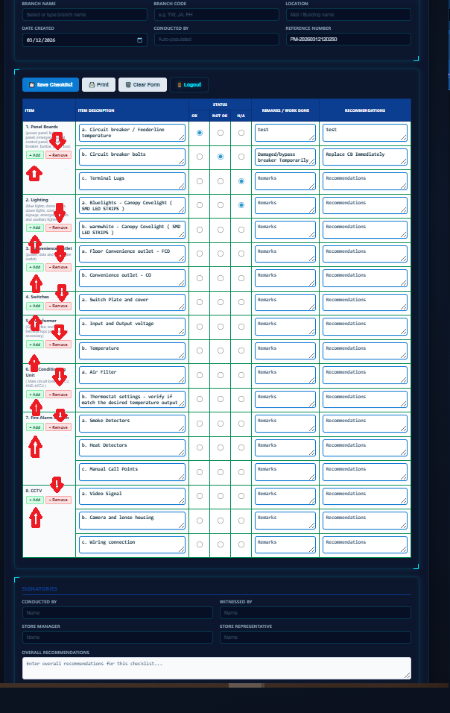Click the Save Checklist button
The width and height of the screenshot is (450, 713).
point(50,85)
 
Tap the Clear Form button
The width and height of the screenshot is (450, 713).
point(142,85)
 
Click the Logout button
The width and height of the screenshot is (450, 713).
point(189,85)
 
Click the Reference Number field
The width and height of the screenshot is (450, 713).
point(348,40)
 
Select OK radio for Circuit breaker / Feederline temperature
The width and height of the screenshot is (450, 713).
point(200,133)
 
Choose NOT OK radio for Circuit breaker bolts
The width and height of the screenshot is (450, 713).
point(221,157)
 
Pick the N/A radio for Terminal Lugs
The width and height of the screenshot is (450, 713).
point(241,181)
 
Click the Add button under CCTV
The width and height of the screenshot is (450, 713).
point(34,500)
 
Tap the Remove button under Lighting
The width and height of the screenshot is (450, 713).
point(58,227)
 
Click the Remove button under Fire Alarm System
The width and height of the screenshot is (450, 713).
point(58,427)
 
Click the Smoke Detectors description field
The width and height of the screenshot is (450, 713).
point(130,423)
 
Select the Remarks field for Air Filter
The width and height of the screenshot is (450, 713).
point(285,374)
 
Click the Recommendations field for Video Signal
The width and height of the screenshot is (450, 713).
point(365,496)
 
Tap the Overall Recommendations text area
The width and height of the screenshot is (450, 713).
point(216,668)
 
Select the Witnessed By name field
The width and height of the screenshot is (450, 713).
point(314,613)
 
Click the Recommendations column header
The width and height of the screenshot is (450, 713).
point(365,110)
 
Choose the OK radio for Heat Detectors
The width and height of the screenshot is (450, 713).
point(200,448)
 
